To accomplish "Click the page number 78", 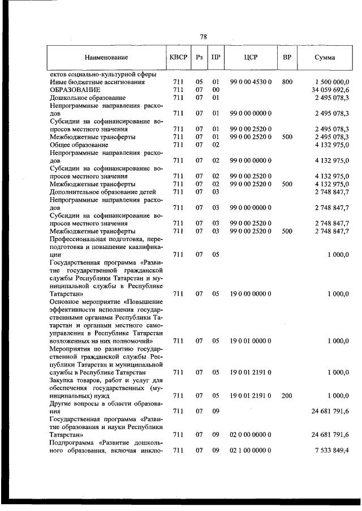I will (x=204, y=37).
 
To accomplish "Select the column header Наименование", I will (x=106, y=58).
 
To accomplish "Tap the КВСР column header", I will (x=176, y=58).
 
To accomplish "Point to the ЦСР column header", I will (x=251, y=58).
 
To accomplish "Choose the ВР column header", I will (x=287, y=58).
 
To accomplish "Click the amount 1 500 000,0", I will (x=332, y=82).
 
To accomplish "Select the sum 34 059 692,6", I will (x=330, y=90).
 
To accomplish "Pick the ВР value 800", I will (x=287, y=82).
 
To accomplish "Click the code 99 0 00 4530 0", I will (x=251, y=82).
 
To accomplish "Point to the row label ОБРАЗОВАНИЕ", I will (x=75, y=90).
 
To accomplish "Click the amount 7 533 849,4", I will (x=332, y=450).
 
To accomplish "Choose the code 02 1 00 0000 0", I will (x=251, y=450).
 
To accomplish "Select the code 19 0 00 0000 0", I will (x=251, y=294).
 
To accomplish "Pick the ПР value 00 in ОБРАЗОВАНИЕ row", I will (x=216, y=90).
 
